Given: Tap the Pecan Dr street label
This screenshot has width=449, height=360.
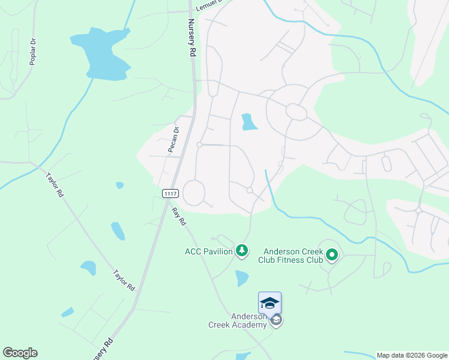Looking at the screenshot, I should click(174, 140).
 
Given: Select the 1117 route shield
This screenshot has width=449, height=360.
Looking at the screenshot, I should click(170, 193).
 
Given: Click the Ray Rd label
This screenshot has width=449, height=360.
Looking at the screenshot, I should click(179, 217).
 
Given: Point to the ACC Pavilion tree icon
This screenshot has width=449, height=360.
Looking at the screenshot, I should click(242, 250).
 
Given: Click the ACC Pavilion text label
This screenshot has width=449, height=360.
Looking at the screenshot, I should click(209, 251).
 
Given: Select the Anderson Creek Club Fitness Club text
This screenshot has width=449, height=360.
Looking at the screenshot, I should click(291, 256).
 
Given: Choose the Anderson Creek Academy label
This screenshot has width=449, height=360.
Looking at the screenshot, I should click(238, 320).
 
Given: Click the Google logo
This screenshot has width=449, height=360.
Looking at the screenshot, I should click(20, 353).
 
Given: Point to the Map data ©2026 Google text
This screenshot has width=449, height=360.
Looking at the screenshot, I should click(411, 355).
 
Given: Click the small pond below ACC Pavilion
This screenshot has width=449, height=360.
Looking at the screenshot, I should click(241, 277).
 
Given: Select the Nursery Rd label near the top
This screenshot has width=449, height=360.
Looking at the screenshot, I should click(192, 37).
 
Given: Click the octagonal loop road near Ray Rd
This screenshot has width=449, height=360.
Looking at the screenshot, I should click(194, 192).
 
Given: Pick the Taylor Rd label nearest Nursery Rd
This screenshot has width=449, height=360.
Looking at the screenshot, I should click(124, 280).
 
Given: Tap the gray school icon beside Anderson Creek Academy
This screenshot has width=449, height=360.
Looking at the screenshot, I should click(276, 320).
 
